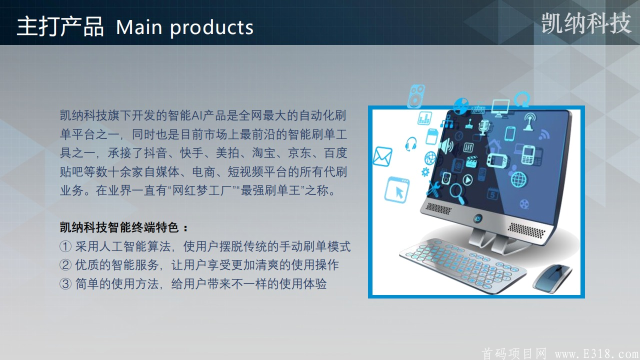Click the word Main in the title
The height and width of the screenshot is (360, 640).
pos(139,27)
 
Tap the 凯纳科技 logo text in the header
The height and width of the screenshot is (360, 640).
pos(586,23)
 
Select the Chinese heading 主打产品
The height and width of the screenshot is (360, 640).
pos(60,26)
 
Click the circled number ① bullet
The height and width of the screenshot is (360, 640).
pos(65,246)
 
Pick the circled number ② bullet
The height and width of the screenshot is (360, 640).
pos(65,265)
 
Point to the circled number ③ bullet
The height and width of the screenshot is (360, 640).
pos(65,283)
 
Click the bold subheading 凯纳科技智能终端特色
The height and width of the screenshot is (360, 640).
pos(119,227)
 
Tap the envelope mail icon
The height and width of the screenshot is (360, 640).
pos(382,156)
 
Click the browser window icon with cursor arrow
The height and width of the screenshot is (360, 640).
pos(397,190)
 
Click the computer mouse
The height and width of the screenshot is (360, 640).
pos(552,278)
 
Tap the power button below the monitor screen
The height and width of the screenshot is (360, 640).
pos(477,219)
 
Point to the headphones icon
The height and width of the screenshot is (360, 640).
pos(411,144)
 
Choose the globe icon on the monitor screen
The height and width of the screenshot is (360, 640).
pos(519,179)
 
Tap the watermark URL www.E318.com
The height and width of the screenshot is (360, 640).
pos(597,354)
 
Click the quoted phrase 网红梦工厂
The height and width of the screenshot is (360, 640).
pos(202,190)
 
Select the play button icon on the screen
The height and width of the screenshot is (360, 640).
pos(467,180)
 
